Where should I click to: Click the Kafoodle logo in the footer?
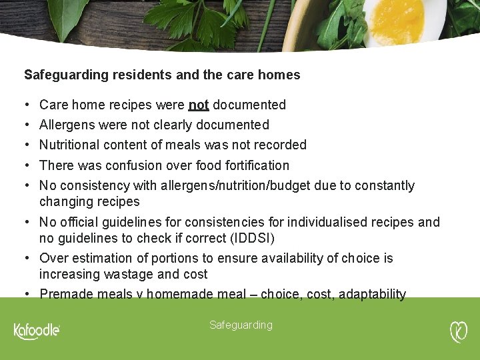37,331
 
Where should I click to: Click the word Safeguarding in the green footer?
241,325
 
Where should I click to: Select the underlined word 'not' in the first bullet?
199,105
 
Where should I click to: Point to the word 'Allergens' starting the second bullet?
67,125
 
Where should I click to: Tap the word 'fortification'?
255,165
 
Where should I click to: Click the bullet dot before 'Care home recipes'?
25,105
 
